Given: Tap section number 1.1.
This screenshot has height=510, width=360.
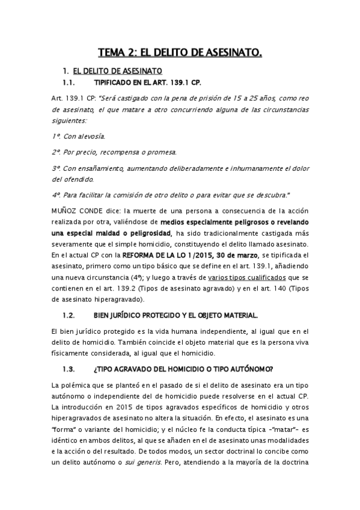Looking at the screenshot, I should pyautogui.click(x=72, y=82).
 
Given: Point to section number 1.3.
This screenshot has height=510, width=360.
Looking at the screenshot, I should pyautogui.click(x=72, y=369).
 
